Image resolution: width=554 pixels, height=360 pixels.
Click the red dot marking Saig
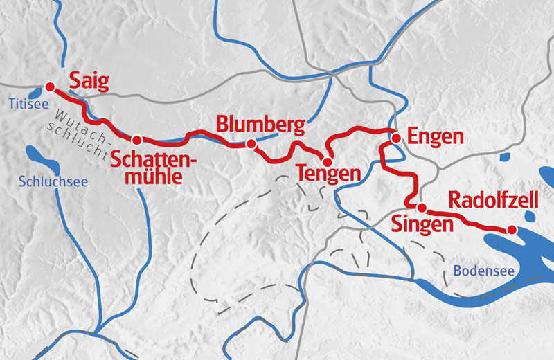[50, 87]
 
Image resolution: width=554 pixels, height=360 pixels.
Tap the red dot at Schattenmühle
[137, 139]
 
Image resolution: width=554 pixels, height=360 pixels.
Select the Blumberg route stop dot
[251, 144]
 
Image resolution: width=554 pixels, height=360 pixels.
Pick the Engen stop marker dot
[396, 138]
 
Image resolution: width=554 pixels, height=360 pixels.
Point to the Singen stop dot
[420, 207]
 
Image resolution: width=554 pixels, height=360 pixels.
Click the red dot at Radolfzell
[512, 230]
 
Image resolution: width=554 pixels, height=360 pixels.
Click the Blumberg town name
[260, 125]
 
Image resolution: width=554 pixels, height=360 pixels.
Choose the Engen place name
[435, 136]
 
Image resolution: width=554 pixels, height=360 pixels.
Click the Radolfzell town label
[493, 201]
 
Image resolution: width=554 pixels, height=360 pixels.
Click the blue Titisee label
[26, 104]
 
